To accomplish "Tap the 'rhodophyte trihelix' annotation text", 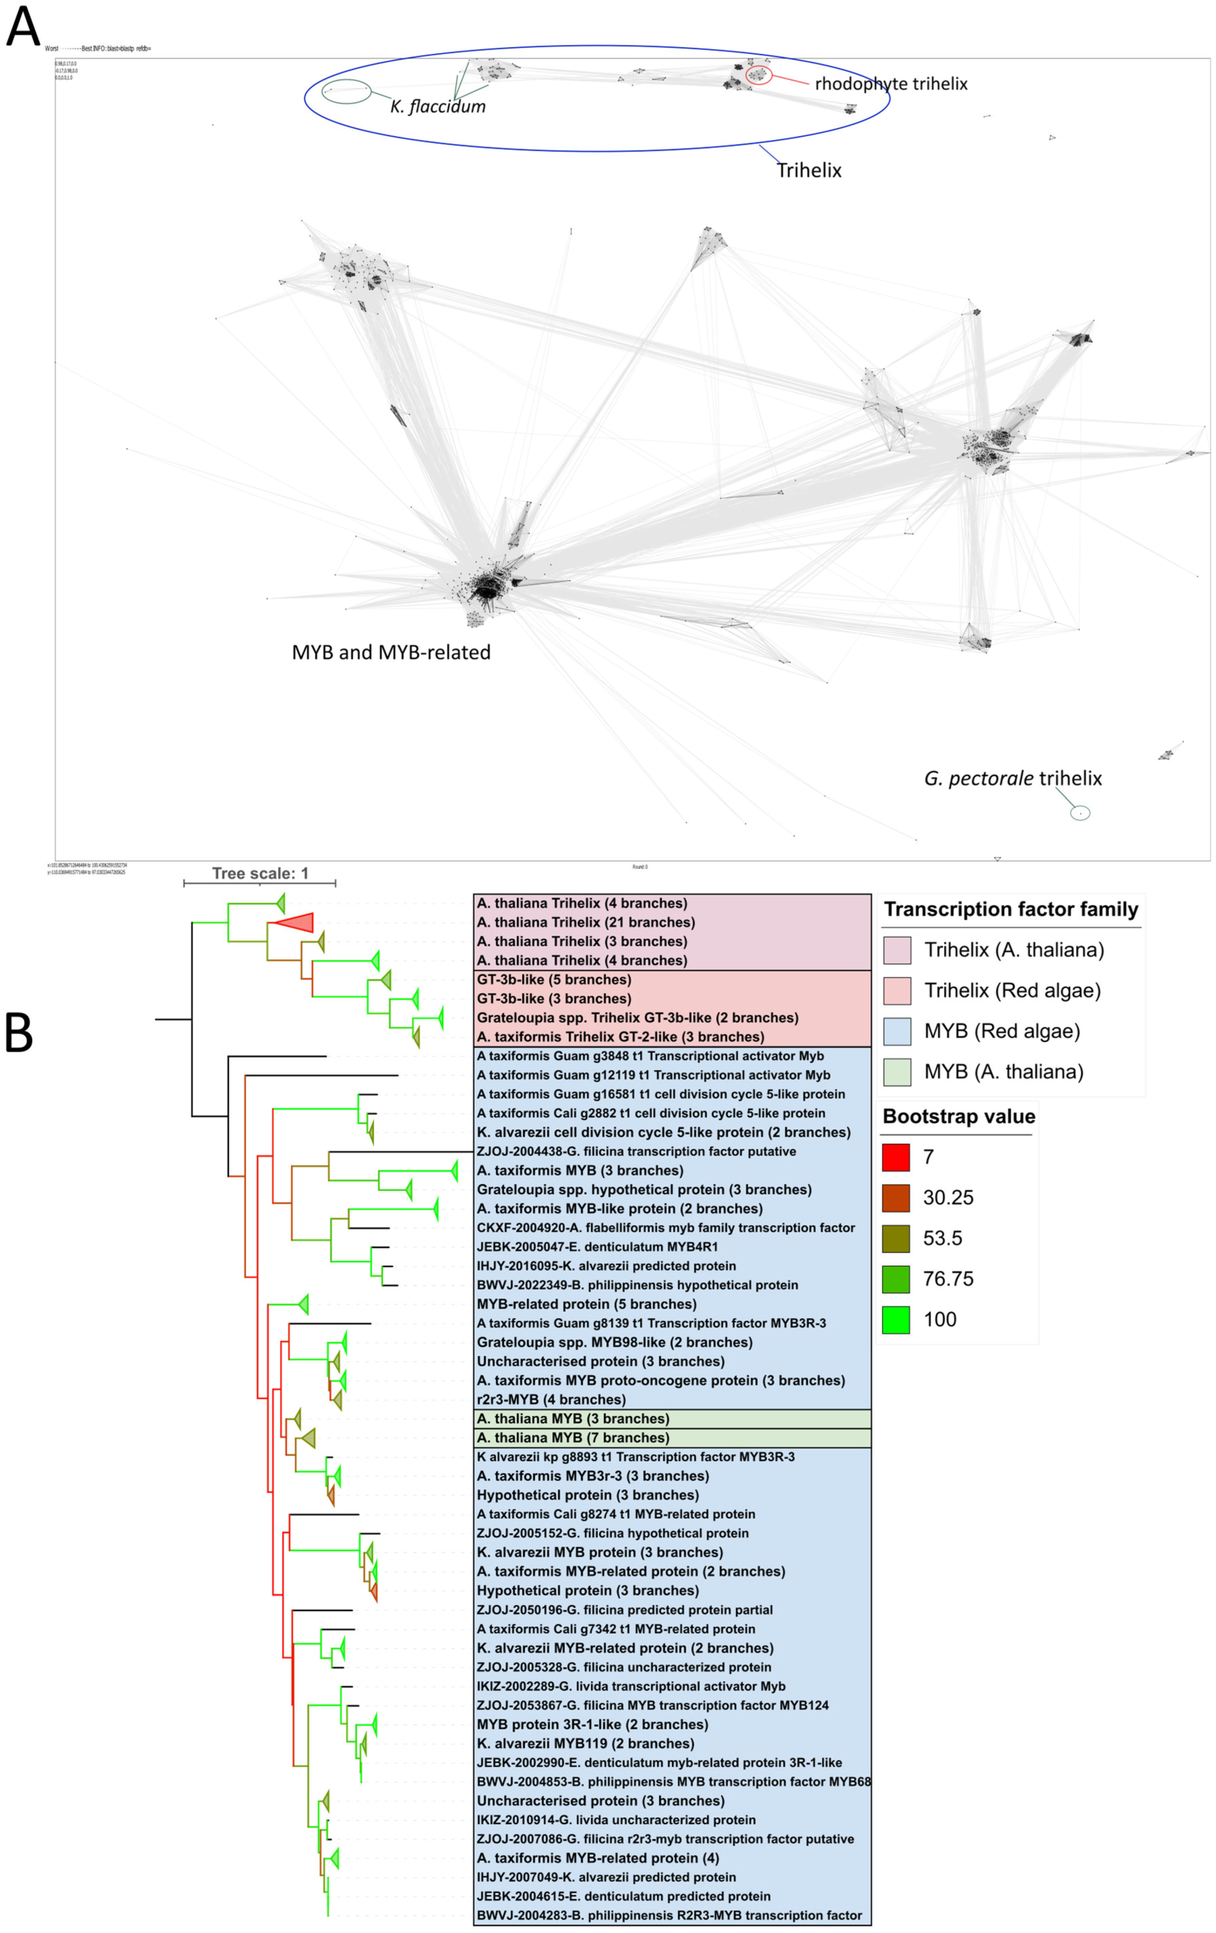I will (x=891, y=83).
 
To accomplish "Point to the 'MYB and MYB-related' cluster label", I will (x=391, y=652).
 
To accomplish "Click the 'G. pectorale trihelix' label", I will (x=1013, y=778).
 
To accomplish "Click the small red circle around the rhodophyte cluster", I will (x=758, y=75).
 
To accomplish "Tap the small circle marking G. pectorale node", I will (x=1080, y=813).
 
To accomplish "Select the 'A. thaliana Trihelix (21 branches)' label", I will (x=586, y=922).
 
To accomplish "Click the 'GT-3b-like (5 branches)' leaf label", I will (x=554, y=979).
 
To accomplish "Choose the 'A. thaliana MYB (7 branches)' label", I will (x=573, y=1438).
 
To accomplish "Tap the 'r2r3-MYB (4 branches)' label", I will (x=551, y=1399).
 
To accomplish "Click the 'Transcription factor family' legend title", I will (x=1010, y=910).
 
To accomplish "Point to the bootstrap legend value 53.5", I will (x=942, y=1238).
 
